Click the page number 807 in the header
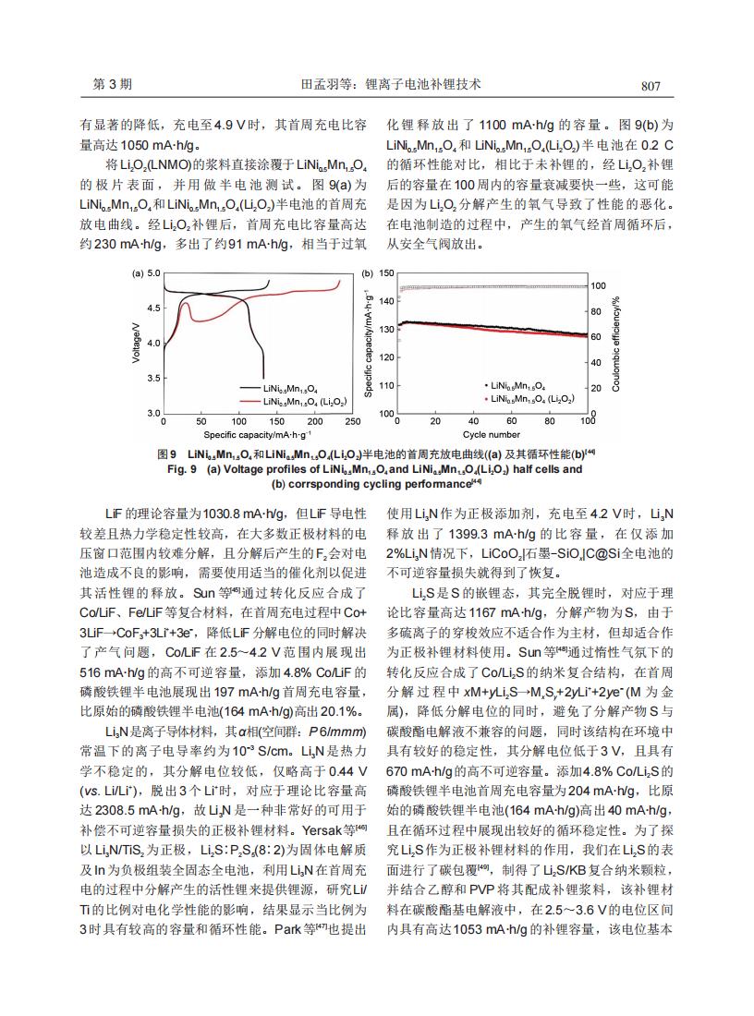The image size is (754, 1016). pos(651,86)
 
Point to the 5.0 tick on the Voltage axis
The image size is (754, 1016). pos(153,273)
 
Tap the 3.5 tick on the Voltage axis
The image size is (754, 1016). pos(153,378)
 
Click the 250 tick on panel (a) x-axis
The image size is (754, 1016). pos(352,422)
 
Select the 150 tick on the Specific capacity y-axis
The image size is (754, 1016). pos(387,273)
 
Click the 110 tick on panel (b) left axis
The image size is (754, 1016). pos(387,385)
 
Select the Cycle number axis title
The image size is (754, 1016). pos(492,434)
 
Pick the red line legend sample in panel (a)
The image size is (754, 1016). pos(249,401)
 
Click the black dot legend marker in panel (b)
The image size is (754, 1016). pos(486,383)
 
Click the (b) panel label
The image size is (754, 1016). pos(366,273)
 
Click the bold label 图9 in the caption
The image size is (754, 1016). pos(167,454)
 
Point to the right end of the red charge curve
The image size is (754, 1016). pos(340,281)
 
